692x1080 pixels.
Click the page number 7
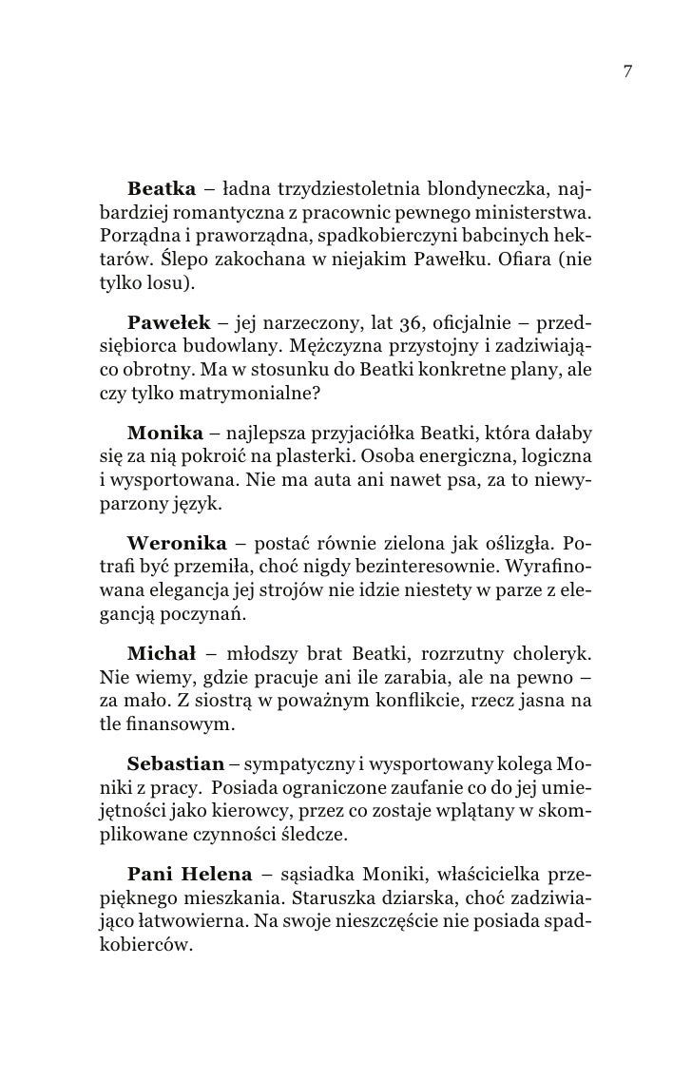628,71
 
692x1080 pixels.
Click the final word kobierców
144,949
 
